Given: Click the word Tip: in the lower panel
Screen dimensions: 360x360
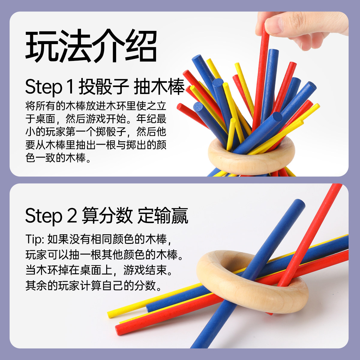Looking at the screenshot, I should click(x=35, y=239).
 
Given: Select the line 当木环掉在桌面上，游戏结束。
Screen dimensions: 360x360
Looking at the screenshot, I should click(x=99, y=270).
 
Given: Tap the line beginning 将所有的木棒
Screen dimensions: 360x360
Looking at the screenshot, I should click(x=96, y=106).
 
